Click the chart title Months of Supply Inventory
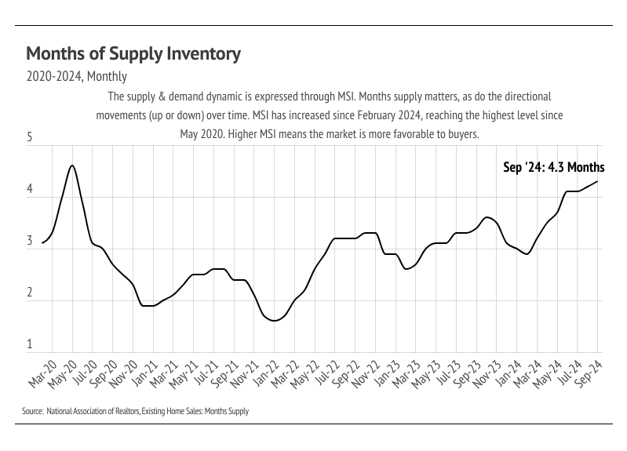click(133, 53)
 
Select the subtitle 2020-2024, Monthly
click(77, 77)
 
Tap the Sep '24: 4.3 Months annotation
click(553, 167)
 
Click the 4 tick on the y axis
click(29, 190)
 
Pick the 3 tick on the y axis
click(29, 242)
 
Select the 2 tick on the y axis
click(29, 293)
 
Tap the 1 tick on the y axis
click(29, 344)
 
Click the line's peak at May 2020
click(72, 165)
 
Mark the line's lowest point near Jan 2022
click(274, 321)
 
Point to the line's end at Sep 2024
click(597, 181)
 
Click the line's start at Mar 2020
click(42, 243)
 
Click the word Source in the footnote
click(32, 411)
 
